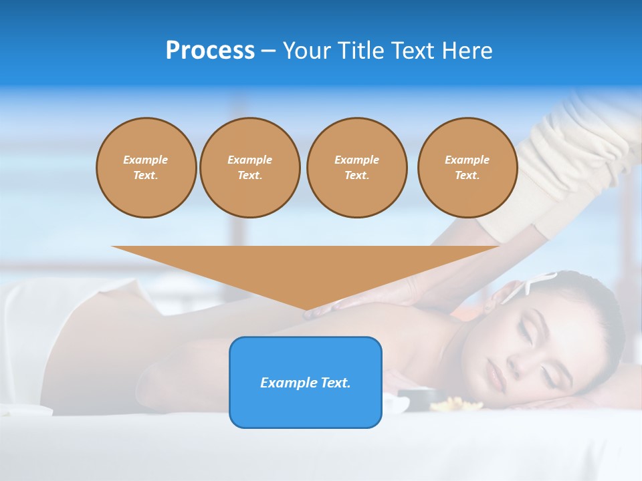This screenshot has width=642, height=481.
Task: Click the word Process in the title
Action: [210, 51]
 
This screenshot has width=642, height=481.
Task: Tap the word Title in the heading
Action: [360, 51]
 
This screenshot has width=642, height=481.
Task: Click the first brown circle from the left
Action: [146, 168]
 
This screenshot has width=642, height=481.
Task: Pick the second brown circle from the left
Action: [249, 168]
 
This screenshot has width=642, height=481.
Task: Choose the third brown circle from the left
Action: [356, 168]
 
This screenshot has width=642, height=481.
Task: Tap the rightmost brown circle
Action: [467, 168]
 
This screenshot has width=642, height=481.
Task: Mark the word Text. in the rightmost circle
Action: [467, 176]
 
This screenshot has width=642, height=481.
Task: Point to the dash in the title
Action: [268, 51]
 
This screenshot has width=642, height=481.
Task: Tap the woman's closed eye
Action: [525, 334]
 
